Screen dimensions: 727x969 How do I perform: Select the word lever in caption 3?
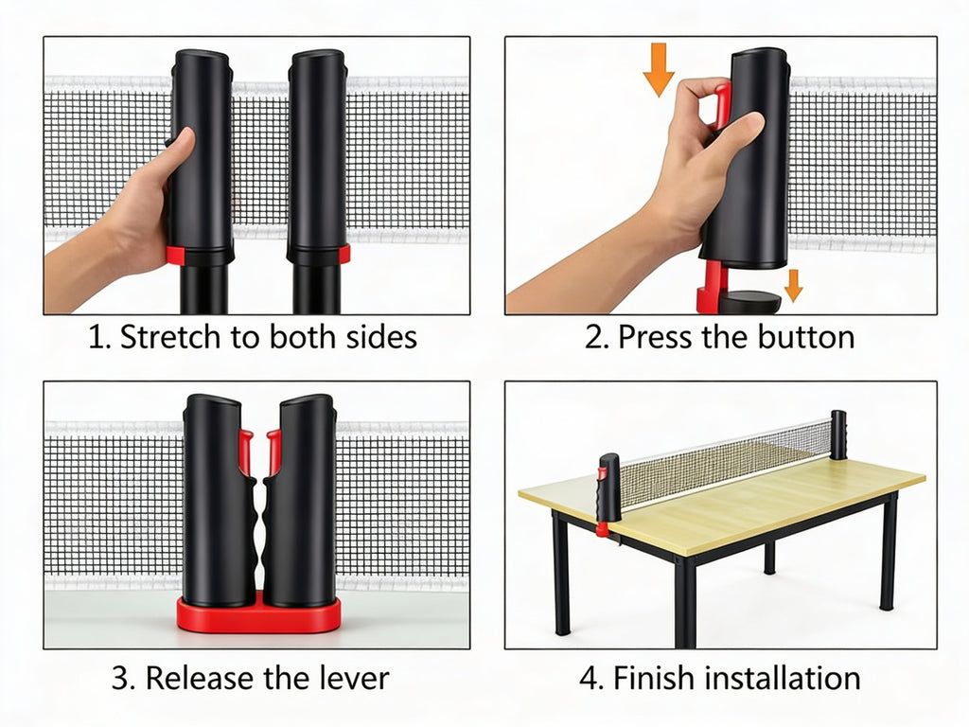355,678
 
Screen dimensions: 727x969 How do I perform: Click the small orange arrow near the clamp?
793,285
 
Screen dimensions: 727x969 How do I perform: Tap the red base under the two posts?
258,616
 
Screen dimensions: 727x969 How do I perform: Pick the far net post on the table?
837,434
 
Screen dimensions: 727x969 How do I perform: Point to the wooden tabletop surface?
738,506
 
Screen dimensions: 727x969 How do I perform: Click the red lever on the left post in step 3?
246,452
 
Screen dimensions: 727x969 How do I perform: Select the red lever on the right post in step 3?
273,452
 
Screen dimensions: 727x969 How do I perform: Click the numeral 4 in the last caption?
589,678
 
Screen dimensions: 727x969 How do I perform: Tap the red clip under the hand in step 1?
176,256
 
